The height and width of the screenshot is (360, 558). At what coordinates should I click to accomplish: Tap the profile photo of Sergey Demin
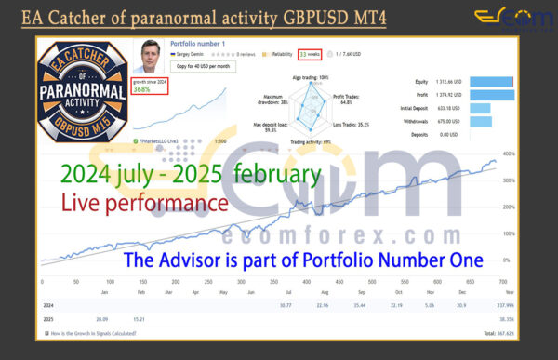pos(151,58)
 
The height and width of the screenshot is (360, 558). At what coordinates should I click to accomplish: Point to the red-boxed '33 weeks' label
pos(309,55)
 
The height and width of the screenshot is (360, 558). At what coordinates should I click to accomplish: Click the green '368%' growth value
pos(142,89)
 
